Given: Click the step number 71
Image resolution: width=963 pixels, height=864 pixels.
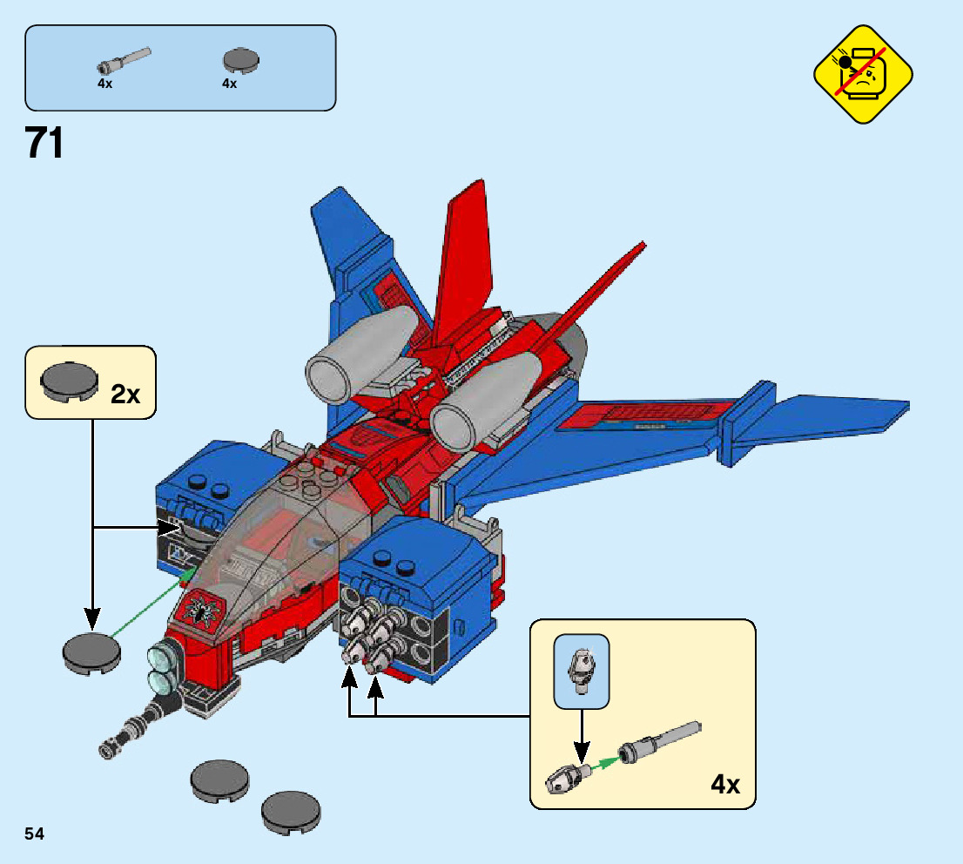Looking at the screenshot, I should [45, 144].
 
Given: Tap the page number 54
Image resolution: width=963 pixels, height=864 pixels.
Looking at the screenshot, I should [35, 834].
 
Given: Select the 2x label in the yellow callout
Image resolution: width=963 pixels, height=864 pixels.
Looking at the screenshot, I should [125, 395].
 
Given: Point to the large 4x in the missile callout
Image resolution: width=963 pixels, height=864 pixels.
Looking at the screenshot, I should [724, 784].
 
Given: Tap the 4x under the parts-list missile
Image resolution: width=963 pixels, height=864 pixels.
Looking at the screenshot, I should [105, 84].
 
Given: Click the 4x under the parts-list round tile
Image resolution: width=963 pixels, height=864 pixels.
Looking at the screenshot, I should [230, 84].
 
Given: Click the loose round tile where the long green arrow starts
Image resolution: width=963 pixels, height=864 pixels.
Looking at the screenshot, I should [91, 651].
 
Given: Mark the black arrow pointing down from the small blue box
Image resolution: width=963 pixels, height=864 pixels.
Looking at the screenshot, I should [582, 732].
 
